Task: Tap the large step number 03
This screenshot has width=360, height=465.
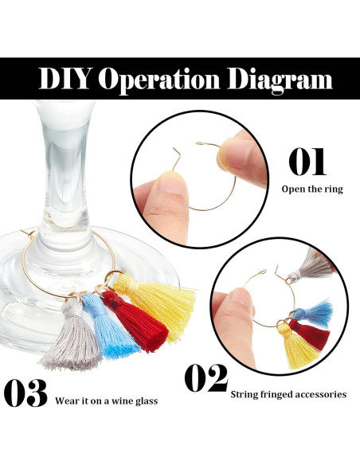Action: point(26,393)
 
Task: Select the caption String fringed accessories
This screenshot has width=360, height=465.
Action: point(288,394)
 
